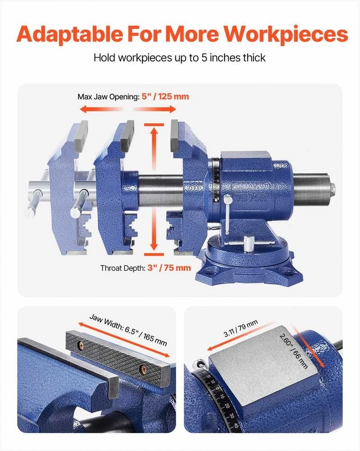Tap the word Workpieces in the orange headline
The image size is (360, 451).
pyautogui.click(x=286, y=34)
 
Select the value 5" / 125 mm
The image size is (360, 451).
pyautogui.click(x=165, y=97)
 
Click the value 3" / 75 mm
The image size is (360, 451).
pyautogui.click(x=169, y=268)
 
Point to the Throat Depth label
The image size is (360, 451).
pyautogui.click(x=123, y=268)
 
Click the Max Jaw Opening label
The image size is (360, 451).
pyautogui.click(x=108, y=97)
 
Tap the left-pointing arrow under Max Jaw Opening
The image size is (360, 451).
pyautogui.click(x=101, y=109)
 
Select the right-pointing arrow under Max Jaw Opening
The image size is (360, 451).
pyautogui.click(x=155, y=109)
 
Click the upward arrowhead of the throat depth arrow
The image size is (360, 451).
pyautogui.click(x=154, y=132)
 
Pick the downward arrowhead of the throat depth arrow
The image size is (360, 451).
pyautogui.click(x=154, y=245)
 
